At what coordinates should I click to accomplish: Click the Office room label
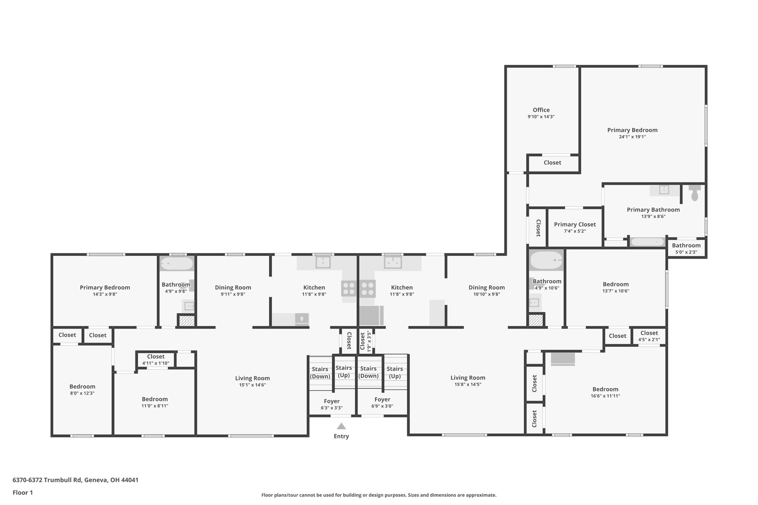[541, 110]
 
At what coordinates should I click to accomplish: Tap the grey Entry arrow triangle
[341, 426]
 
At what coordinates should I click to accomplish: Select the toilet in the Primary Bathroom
[695, 193]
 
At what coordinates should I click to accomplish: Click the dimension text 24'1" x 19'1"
[632, 137]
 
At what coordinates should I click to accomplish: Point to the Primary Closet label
[574, 225]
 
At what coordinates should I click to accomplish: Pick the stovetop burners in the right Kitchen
[368, 289]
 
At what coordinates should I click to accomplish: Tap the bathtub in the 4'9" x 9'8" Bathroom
[177, 264]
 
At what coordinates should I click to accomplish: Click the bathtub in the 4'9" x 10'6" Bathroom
[546, 260]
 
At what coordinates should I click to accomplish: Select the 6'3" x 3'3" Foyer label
[332, 401]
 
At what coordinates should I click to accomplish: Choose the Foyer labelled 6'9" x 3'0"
[382, 400]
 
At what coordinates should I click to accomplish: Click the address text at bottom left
[76, 480]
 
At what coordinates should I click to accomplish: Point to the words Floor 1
[23, 492]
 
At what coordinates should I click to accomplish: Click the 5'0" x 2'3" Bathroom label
[686, 246]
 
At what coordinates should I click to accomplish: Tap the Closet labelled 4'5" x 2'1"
[649, 333]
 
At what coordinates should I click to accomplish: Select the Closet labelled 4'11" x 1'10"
[155, 357]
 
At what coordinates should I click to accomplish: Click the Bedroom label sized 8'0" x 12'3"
[82, 387]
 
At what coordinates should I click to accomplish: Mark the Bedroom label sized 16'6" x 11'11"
[605, 389]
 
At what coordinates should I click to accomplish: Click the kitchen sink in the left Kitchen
[323, 262]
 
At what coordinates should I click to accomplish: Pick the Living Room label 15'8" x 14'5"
[467, 378]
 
